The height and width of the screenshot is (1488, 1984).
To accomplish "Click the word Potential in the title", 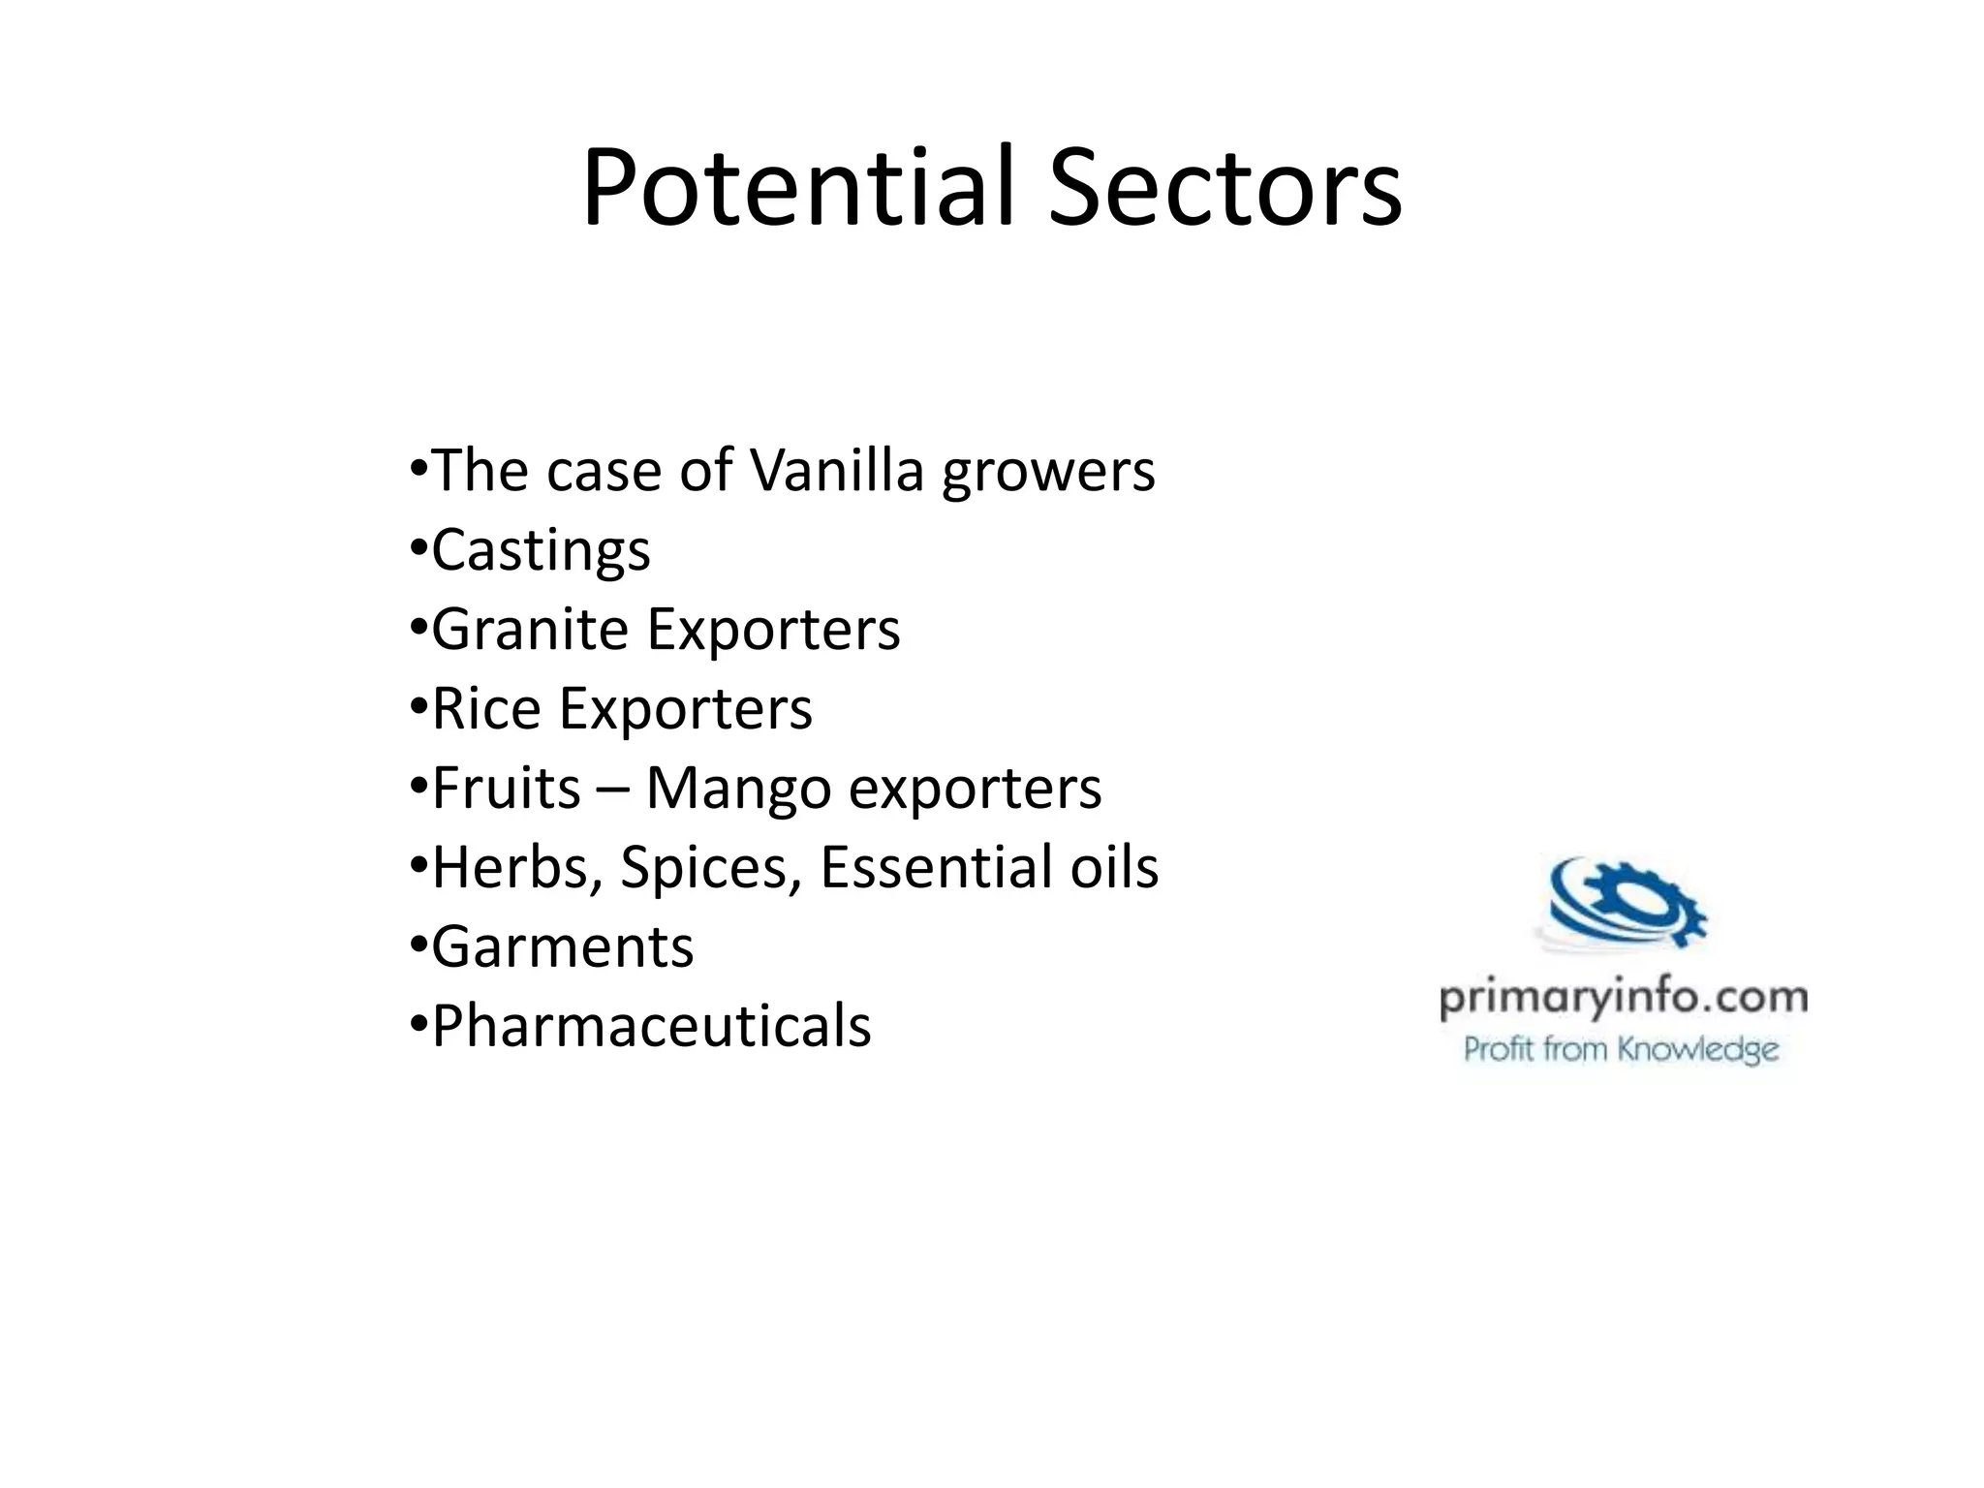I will tap(797, 188).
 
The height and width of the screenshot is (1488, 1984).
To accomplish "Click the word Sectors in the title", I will tap(1224, 188).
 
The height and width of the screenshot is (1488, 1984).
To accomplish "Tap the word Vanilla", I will tap(836, 471).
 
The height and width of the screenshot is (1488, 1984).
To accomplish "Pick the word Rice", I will tap(486, 709).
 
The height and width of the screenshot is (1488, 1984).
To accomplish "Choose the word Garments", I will tap(562, 947).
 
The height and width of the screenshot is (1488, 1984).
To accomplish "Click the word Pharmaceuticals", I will tap(651, 1027).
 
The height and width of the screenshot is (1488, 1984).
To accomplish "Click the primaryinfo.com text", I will tap(1624, 999).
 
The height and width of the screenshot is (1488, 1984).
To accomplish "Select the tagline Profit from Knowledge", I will tap(1621, 1050).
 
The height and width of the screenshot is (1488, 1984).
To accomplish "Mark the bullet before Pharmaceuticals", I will tap(418, 1024).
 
